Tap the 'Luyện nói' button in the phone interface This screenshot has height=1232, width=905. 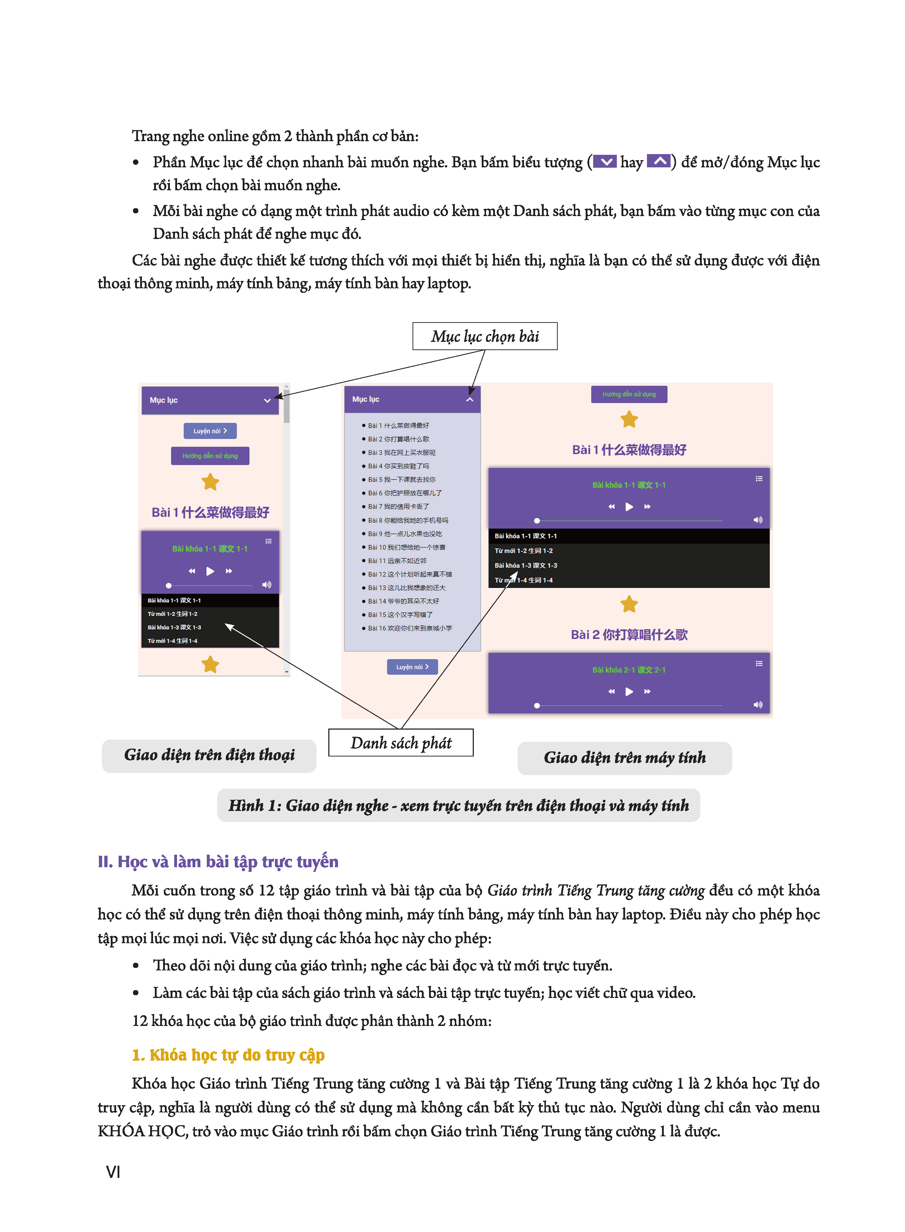210,431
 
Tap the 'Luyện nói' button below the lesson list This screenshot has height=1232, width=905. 412,667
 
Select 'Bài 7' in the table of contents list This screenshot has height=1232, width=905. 398,506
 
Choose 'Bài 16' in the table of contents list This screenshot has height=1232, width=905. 410,628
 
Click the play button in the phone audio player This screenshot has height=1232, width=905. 210,571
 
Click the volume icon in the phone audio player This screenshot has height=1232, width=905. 267,585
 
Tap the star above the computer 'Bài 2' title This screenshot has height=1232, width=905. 629,605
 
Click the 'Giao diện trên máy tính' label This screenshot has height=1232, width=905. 624,758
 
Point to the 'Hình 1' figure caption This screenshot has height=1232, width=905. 458,806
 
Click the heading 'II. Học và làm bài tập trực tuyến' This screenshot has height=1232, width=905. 218,862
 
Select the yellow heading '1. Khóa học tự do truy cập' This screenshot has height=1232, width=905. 228,1055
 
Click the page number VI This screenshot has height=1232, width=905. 113,1172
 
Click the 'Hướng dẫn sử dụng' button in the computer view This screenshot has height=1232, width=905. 629,394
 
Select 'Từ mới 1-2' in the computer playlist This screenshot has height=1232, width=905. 524,551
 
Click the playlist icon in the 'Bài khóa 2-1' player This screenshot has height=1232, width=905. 759,664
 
